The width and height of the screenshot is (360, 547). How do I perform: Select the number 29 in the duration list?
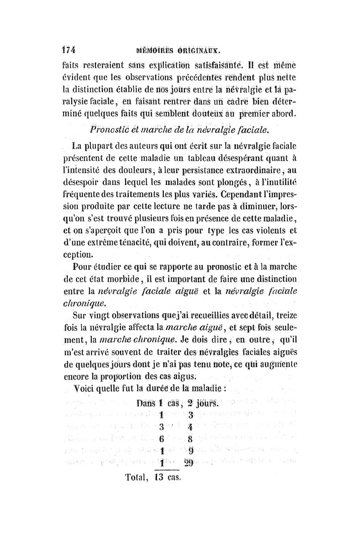(x=189, y=463)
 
